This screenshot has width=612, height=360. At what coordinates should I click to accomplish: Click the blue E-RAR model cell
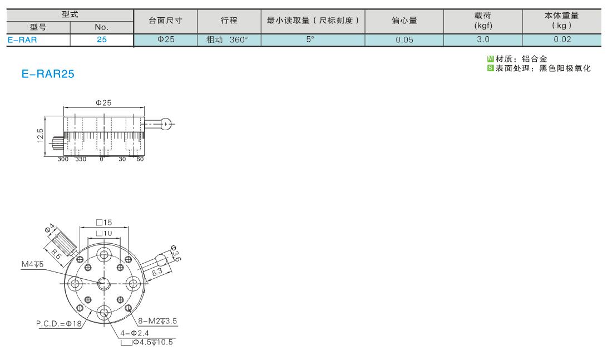click(x=38, y=40)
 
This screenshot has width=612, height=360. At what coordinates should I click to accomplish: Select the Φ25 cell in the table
click(x=165, y=40)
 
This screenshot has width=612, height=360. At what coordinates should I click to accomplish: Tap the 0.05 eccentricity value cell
click(x=404, y=40)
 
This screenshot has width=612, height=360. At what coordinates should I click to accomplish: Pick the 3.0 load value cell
click(x=483, y=40)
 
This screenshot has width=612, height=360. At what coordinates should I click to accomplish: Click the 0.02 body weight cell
click(x=562, y=40)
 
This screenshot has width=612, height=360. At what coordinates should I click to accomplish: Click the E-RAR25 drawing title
click(x=48, y=74)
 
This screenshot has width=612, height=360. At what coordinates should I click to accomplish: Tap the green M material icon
click(x=490, y=59)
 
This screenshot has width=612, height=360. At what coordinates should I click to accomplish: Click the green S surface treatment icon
click(x=490, y=68)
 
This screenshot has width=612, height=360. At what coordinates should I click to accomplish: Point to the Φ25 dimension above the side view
click(x=103, y=103)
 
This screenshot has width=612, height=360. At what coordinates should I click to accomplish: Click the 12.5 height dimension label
click(x=40, y=136)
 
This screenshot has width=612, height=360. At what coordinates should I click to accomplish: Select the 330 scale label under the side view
click(x=81, y=159)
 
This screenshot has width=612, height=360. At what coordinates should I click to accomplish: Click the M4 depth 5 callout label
click(x=32, y=264)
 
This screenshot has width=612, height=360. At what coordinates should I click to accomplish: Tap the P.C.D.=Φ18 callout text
click(x=59, y=324)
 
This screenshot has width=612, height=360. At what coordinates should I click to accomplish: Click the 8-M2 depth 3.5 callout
click(x=157, y=321)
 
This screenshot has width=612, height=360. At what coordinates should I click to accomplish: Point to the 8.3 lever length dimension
click(x=157, y=272)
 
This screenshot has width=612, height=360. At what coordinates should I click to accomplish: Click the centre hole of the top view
click(x=104, y=283)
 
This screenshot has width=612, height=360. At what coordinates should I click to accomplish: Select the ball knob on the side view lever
click(x=166, y=124)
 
